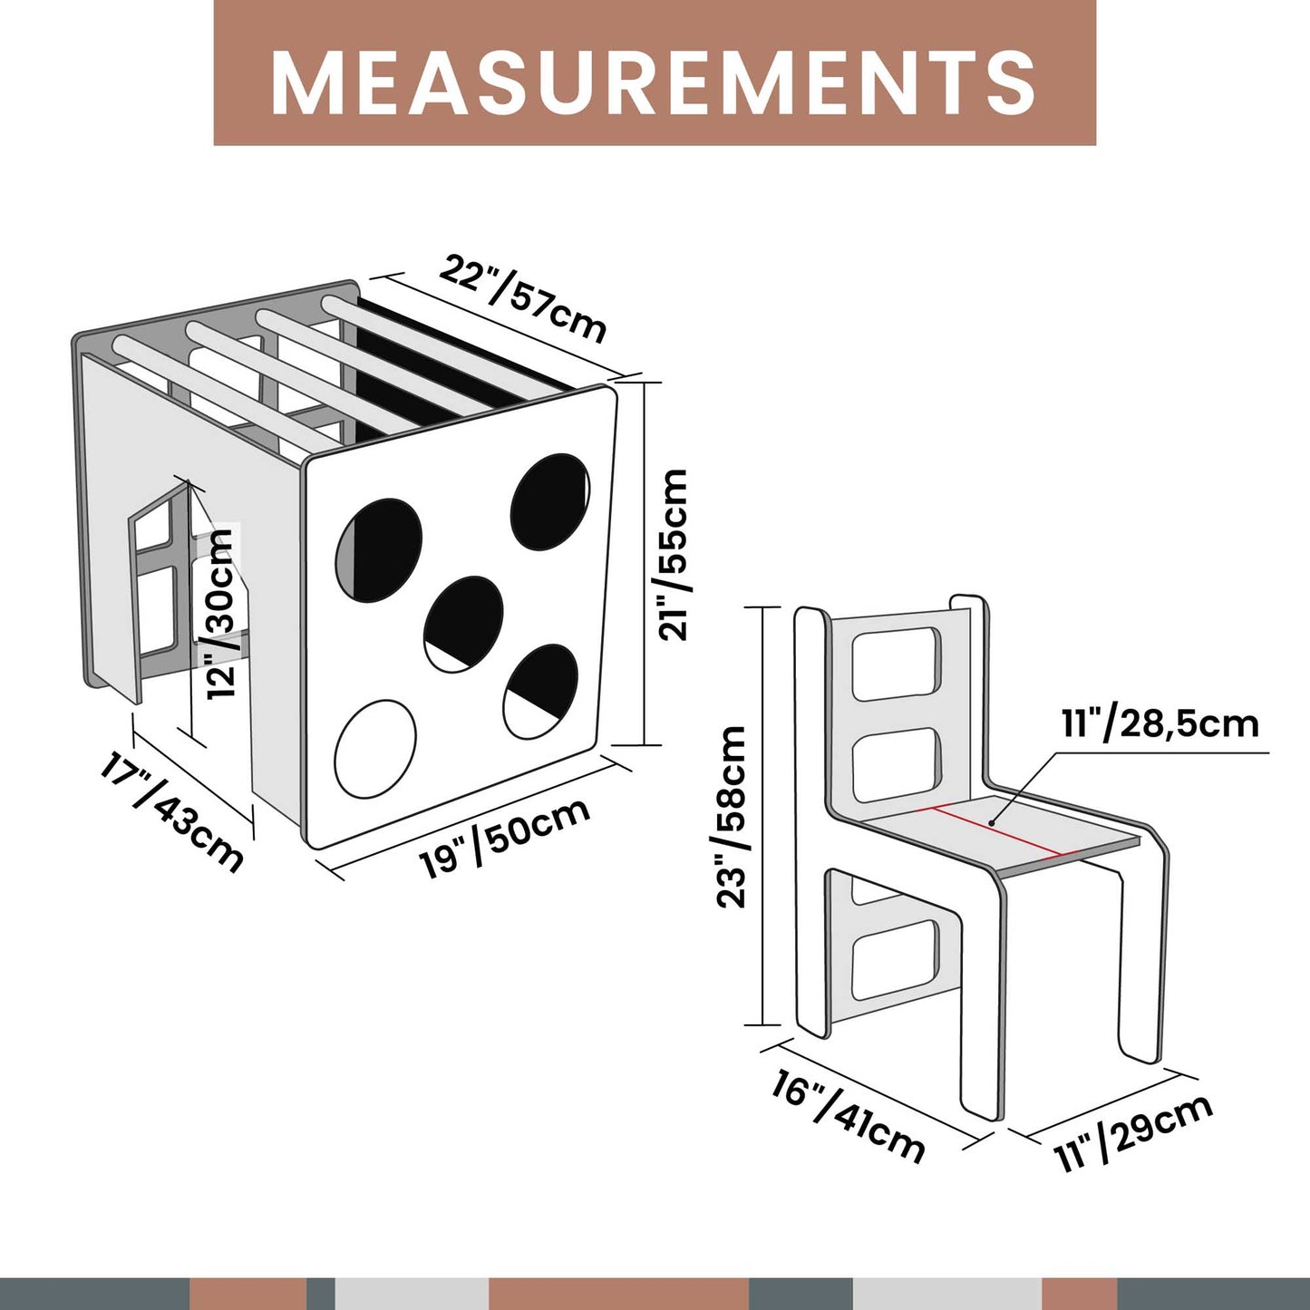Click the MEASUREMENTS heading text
[654, 82]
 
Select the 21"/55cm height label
[674, 555]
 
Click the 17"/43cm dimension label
[171, 811]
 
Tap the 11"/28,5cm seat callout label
[1160, 724]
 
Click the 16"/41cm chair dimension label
[848, 1116]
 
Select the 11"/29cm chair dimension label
[1133, 1132]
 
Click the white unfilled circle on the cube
[375, 749]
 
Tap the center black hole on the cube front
[464, 624]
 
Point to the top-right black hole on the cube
[550, 501]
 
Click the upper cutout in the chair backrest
[896, 664]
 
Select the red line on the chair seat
[994, 829]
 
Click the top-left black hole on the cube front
[379, 549]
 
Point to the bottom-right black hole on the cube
[541, 691]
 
